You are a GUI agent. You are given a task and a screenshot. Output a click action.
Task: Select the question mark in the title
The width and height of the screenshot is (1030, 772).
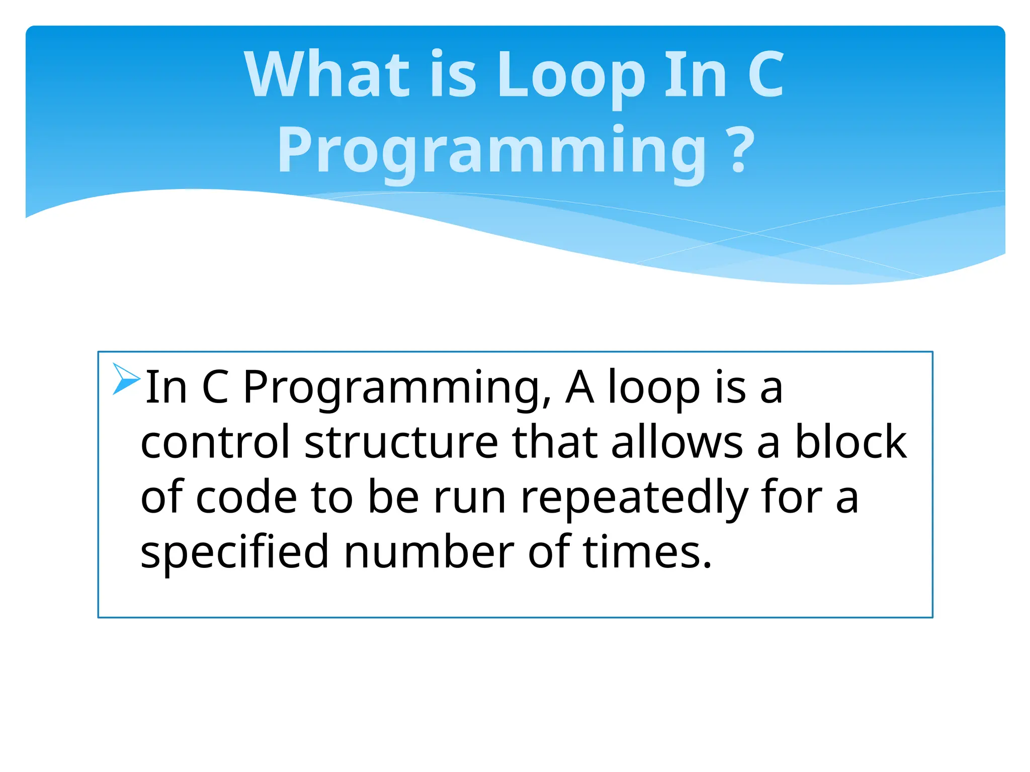tap(739, 150)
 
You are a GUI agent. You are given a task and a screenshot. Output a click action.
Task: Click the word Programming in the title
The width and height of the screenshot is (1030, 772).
tap(492, 150)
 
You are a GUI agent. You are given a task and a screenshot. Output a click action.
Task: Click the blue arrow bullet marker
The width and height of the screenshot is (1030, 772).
tap(126, 378)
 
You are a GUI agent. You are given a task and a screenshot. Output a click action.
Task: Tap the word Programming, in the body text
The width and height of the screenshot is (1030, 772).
tap(397, 388)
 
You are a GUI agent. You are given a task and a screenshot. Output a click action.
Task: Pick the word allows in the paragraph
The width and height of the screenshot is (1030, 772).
tap(677, 442)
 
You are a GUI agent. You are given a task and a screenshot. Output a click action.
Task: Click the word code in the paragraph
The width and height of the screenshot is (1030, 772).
tap(246, 497)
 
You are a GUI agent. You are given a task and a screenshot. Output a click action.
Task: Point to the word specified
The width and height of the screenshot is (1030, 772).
tap(234, 552)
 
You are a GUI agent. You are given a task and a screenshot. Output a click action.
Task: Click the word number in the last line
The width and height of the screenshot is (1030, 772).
tap(429, 552)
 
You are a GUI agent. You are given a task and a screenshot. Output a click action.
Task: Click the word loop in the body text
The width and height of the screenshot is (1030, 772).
tap(654, 388)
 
